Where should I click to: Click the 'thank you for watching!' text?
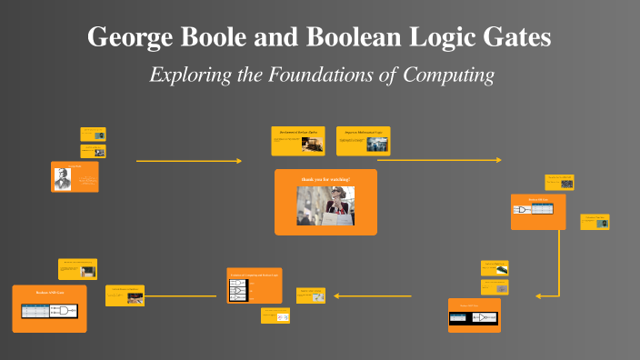325,179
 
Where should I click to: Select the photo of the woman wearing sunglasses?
325,206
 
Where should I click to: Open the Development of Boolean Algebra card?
298,140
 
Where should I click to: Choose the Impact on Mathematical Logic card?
363,140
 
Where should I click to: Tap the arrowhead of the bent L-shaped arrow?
538,295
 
